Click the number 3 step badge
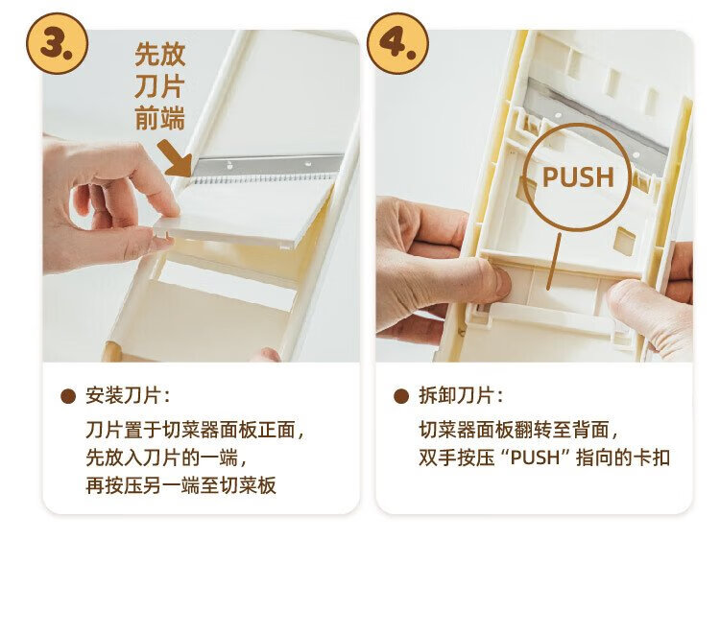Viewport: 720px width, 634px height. point(57,43)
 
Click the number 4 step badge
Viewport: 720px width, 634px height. point(397,43)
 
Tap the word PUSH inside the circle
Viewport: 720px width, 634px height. point(578,177)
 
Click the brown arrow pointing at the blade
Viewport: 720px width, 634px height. point(176,158)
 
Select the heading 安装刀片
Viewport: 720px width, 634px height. point(123,396)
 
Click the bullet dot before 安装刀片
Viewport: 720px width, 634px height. point(68,396)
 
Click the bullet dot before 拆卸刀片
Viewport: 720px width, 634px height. point(401,396)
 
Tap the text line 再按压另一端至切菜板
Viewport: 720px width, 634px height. point(180,485)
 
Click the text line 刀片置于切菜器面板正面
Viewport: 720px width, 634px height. point(195,431)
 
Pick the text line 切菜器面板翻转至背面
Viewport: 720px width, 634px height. point(518,431)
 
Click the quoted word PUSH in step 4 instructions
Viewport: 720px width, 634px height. point(536,458)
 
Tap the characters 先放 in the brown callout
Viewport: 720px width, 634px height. point(159,55)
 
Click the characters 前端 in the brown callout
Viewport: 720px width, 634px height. point(159,118)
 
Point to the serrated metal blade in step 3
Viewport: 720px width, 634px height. point(267,169)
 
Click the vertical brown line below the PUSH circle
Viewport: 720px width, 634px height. point(553,261)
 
